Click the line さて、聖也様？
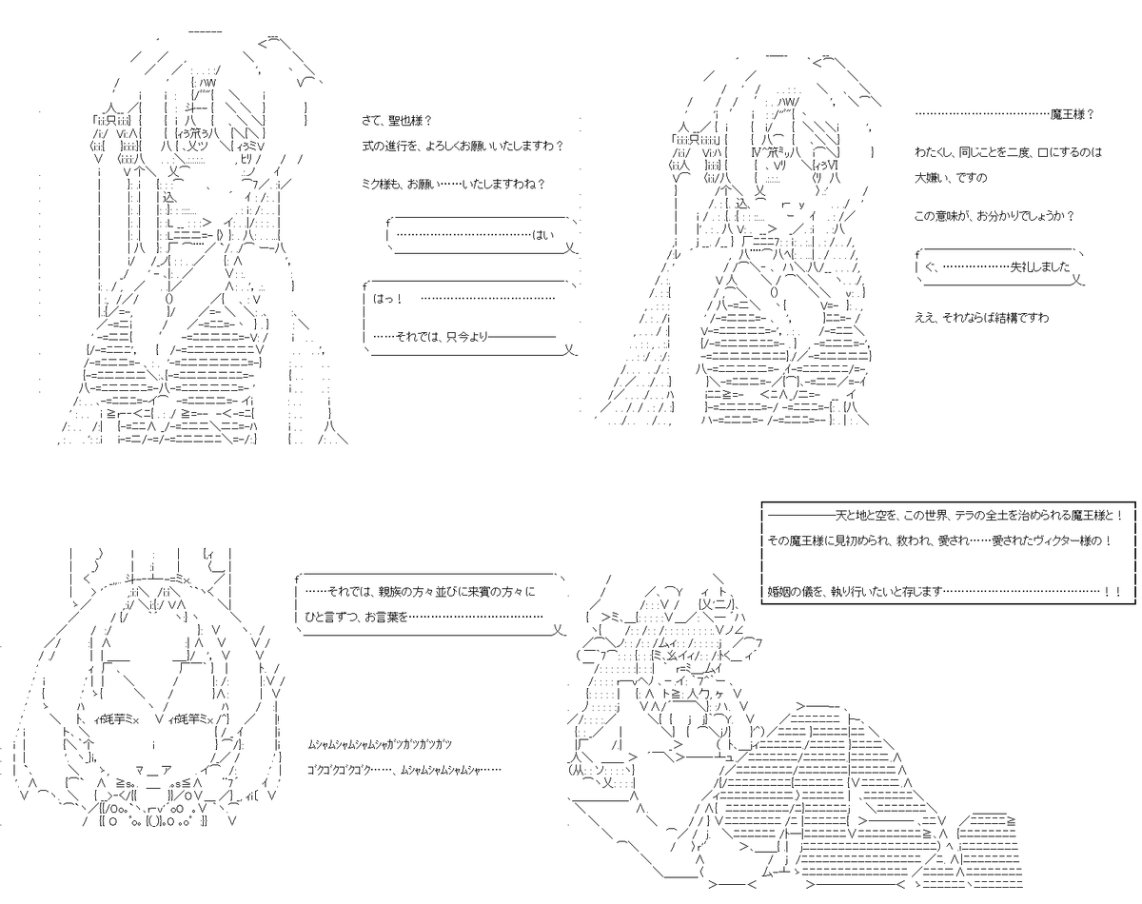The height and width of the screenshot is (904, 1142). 397,121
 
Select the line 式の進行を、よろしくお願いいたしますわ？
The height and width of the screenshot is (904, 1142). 463,146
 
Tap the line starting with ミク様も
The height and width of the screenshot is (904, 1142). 454,185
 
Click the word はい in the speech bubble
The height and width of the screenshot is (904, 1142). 542,235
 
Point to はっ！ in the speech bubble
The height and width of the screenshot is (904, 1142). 388,299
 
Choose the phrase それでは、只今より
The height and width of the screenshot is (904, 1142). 442,337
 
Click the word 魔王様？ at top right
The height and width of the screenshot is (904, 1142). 1072,114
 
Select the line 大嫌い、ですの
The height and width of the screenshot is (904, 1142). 951,178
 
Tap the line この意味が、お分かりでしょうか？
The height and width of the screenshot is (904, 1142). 994,216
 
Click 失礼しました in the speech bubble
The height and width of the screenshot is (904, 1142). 1040,267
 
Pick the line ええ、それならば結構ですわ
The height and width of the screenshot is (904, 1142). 982,318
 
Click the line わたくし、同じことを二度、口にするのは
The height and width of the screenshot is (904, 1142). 1008,153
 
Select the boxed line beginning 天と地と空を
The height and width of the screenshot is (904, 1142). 945,515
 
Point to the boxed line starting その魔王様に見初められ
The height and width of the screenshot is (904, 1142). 940,540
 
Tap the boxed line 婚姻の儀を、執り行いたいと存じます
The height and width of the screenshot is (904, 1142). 944,591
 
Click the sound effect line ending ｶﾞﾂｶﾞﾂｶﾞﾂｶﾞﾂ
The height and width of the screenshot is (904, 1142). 380,745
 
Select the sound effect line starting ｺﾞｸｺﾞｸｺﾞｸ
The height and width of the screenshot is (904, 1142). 404,770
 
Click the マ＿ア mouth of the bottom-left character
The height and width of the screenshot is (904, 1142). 153,770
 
